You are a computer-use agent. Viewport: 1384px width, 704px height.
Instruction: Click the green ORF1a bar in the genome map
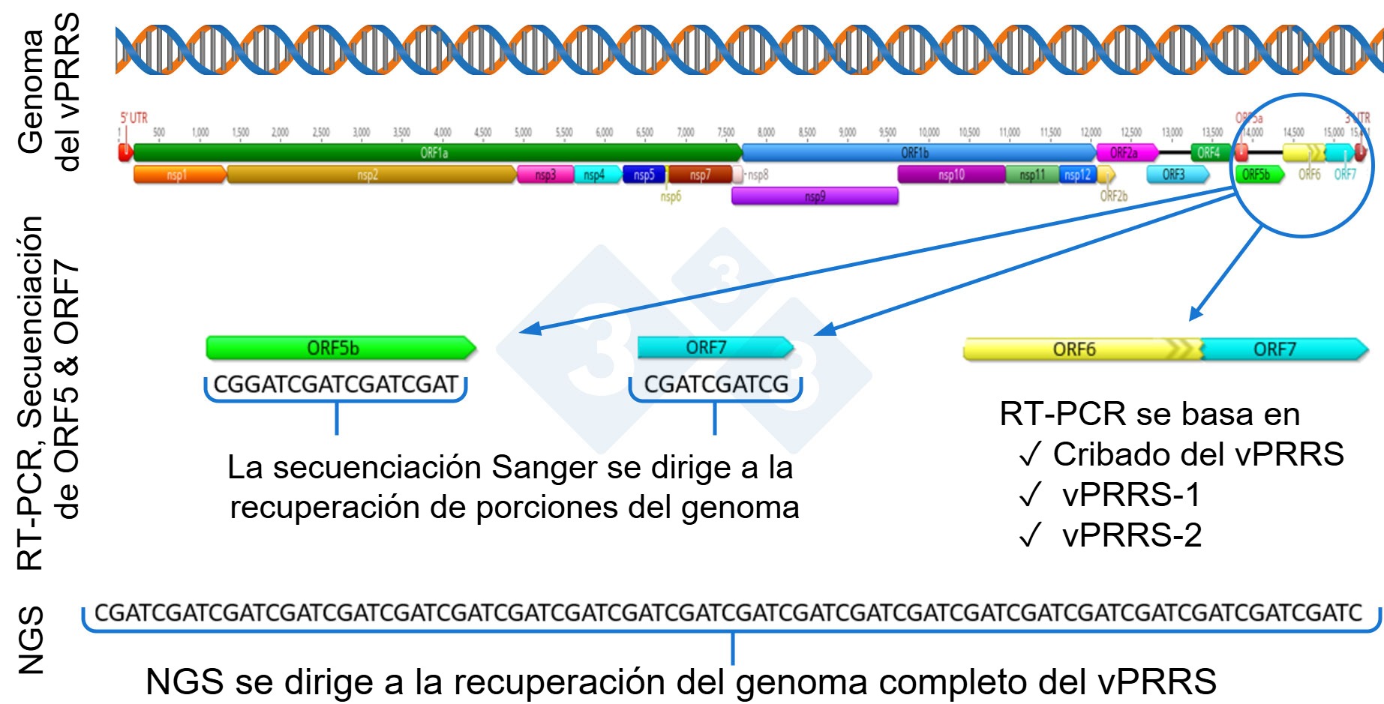pyautogui.click(x=435, y=153)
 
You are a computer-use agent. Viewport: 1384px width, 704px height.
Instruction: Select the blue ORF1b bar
pyautogui.click(x=915, y=153)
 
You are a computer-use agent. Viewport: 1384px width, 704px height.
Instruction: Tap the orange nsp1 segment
pyautogui.click(x=178, y=175)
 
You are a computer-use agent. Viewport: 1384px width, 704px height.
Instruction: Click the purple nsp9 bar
pyautogui.click(x=815, y=196)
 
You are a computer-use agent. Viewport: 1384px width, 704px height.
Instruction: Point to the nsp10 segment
pyautogui.click(x=951, y=175)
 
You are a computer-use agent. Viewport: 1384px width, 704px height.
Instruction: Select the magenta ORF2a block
pyautogui.click(x=1124, y=153)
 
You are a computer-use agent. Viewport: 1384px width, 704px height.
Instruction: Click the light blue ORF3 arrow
pyautogui.click(x=1175, y=175)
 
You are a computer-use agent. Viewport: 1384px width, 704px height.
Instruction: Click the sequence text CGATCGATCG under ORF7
pyautogui.click(x=716, y=385)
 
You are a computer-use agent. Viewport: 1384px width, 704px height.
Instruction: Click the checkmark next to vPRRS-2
pyautogui.click(x=1031, y=535)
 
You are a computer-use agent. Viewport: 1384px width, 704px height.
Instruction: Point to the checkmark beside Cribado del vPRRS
pyautogui.click(x=1031, y=454)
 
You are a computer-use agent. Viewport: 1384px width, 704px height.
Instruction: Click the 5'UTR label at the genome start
pyautogui.click(x=134, y=118)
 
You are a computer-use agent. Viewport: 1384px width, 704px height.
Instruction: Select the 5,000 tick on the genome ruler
pyautogui.click(x=523, y=133)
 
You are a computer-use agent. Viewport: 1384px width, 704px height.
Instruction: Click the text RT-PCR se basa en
pyautogui.click(x=1149, y=414)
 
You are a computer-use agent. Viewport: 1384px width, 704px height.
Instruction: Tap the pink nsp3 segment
pyautogui.click(x=545, y=175)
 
